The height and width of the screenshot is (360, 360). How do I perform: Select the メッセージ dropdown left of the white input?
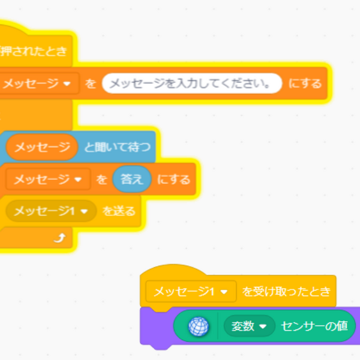(x=40, y=84)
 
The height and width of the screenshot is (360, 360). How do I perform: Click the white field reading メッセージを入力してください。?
(x=192, y=84)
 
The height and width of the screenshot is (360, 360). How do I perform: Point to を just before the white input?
(x=91, y=84)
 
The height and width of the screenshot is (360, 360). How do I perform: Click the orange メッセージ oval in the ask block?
(x=42, y=146)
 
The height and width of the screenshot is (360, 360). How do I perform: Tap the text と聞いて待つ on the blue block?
(x=117, y=146)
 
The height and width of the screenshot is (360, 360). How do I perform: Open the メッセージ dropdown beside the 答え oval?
(x=48, y=179)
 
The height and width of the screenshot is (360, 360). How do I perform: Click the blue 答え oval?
(x=132, y=179)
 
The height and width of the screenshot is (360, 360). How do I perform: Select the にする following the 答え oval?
(x=173, y=179)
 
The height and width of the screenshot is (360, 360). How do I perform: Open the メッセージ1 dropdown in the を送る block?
(x=50, y=211)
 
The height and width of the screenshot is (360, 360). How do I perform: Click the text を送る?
(x=119, y=211)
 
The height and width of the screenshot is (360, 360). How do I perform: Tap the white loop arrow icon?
(x=59, y=238)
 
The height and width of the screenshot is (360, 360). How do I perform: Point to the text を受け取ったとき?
(x=286, y=292)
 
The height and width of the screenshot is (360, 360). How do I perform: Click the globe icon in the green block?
(x=198, y=326)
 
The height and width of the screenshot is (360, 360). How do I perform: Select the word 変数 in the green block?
(x=242, y=326)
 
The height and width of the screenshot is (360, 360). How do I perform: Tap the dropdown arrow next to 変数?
(x=263, y=327)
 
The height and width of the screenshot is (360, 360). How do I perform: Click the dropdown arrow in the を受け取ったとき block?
(x=224, y=292)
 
